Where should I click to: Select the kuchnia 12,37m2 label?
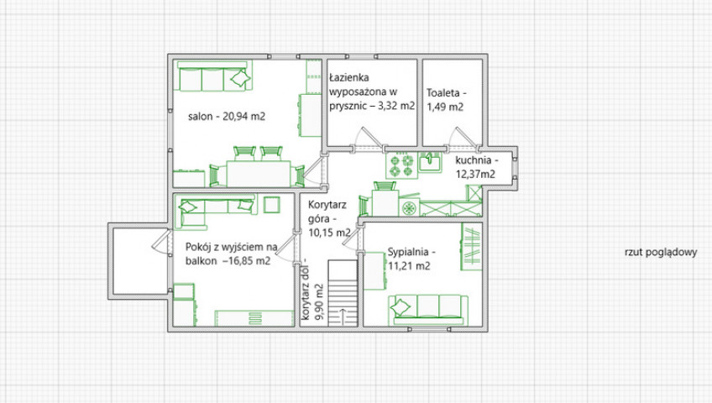click(476, 166)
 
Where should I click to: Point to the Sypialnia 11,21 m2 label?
click(411, 259)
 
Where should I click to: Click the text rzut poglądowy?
click(661, 253)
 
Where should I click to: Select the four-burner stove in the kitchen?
click(402, 165)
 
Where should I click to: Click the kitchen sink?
click(430, 162)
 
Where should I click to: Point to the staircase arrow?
click(342, 316)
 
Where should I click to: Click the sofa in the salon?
click(214, 77)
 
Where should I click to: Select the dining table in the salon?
click(259, 174)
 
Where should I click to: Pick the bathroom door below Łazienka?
click(368, 138)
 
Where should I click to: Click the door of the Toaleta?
click(463, 138)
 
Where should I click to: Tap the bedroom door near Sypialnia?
click(352, 238)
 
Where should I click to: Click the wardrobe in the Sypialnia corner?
click(471, 247)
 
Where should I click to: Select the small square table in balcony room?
click(272, 205)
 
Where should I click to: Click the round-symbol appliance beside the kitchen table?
click(410, 208)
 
